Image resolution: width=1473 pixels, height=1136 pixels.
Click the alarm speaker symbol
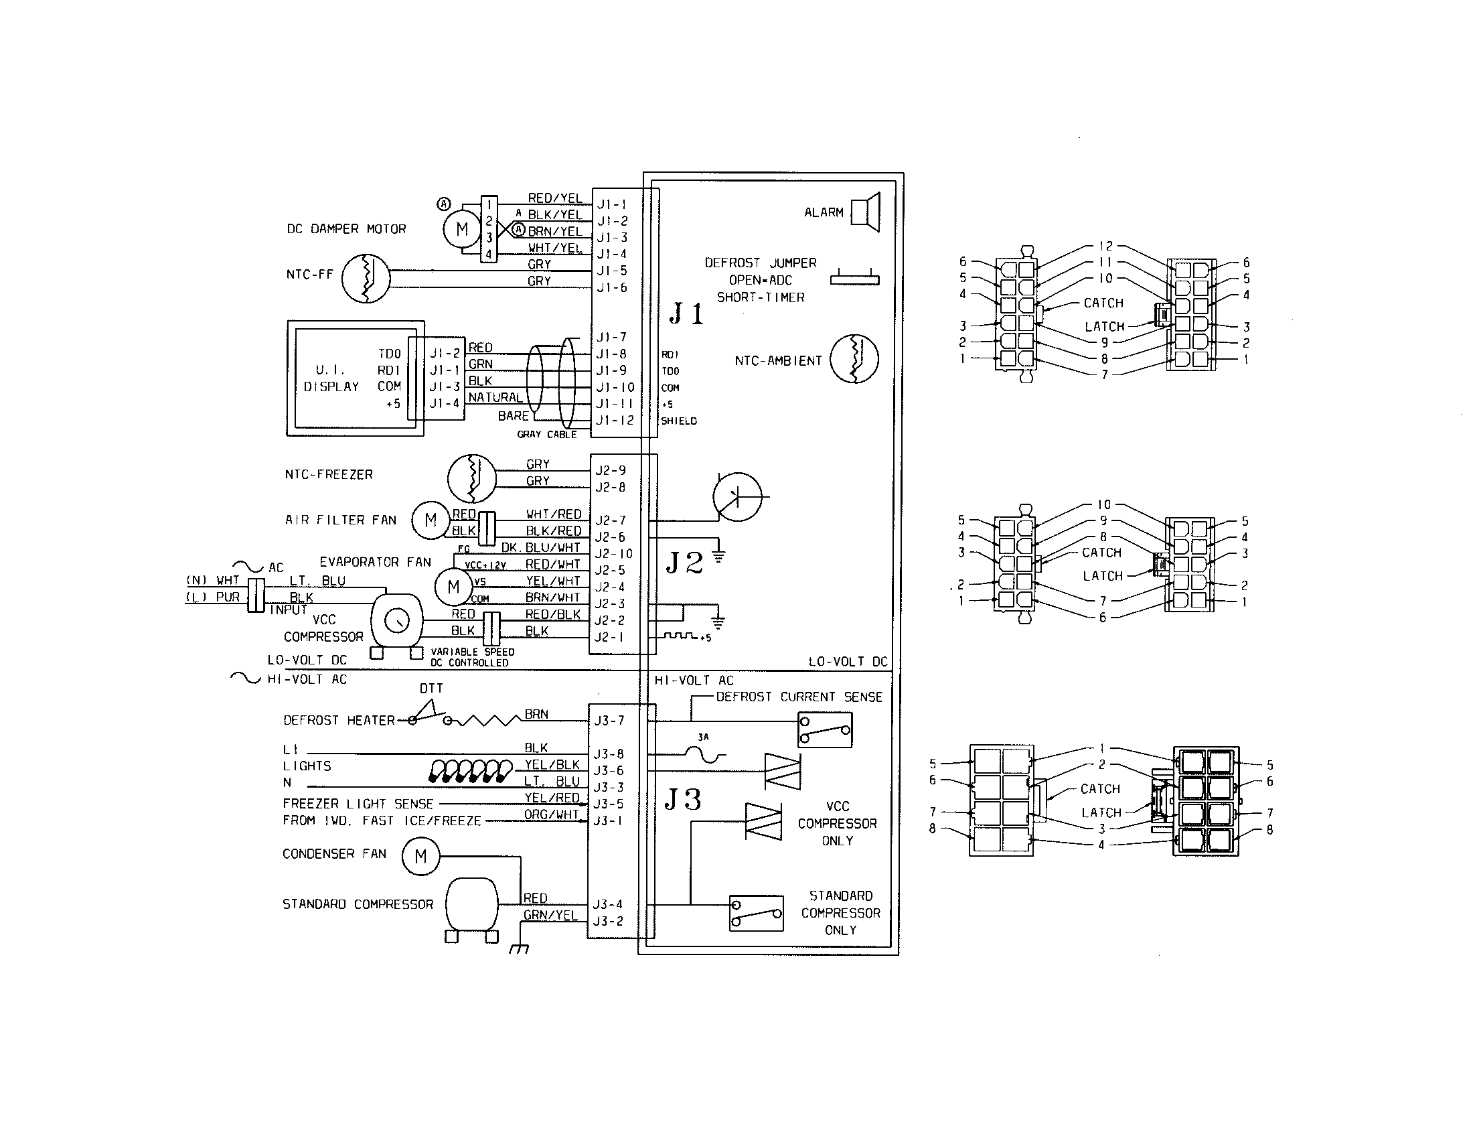(x=866, y=212)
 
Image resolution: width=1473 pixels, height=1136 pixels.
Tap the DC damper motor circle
(x=462, y=229)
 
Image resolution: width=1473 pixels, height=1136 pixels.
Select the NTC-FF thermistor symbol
(x=366, y=278)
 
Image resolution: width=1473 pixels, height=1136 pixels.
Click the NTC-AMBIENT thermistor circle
(x=854, y=360)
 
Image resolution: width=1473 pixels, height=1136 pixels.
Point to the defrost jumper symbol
(x=854, y=278)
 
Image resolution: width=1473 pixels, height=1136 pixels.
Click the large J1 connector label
(x=686, y=314)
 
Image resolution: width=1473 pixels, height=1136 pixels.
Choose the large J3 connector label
(x=683, y=800)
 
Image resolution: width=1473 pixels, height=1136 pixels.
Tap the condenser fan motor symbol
(x=420, y=857)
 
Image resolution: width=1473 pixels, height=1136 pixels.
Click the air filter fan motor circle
(x=431, y=520)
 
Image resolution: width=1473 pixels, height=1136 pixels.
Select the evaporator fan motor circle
(x=453, y=587)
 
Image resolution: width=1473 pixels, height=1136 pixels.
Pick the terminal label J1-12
(x=615, y=420)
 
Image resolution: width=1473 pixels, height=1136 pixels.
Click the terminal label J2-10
(x=614, y=554)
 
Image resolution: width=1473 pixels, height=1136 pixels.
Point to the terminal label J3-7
(x=609, y=721)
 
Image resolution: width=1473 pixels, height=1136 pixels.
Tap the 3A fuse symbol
(x=703, y=754)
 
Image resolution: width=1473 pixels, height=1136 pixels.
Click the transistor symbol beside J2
(x=737, y=497)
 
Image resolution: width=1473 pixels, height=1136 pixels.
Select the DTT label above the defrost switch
(x=431, y=689)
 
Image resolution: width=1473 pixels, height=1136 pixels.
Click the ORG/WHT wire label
(x=552, y=814)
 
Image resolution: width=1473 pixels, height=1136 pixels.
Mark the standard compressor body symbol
(x=471, y=905)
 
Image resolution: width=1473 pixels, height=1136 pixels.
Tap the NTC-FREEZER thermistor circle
(x=472, y=478)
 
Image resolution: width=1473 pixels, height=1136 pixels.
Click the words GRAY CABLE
(x=547, y=435)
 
